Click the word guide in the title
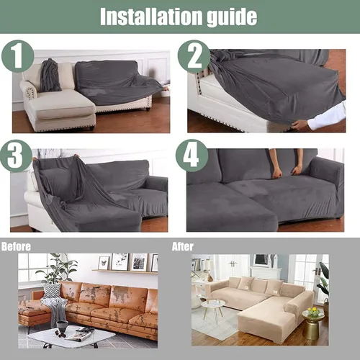point(232,17)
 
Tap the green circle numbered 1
point(17,56)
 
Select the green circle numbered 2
point(194,56)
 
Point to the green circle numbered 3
point(16,156)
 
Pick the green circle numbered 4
point(192,156)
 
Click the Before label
point(16,247)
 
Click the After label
point(183,247)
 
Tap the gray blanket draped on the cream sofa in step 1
point(50,76)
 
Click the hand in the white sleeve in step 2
point(301,125)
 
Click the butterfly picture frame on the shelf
point(104,263)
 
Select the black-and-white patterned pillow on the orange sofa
point(52,290)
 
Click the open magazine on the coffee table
point(81,334)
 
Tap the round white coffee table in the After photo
point(213,309)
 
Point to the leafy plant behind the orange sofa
point(58,268)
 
